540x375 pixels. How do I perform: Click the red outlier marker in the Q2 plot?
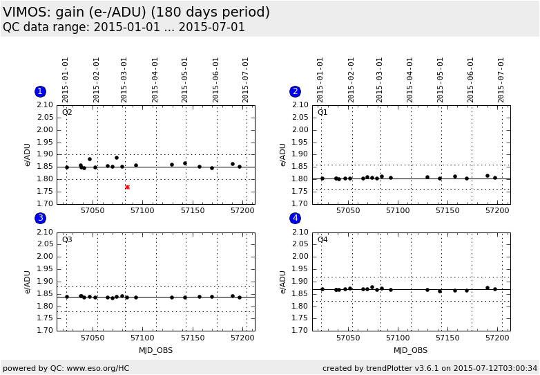click(127, 187)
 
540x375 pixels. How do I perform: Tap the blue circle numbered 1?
click(40, 91)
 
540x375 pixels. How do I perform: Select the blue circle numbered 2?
click(296, 91)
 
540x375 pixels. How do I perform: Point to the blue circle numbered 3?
click(40, 218)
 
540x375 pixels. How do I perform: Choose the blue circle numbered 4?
click(296, 218)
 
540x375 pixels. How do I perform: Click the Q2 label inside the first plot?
click(67, 112)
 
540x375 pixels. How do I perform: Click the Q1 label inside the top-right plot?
click(322, 112)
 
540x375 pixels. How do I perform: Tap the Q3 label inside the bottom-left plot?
click(67, 239)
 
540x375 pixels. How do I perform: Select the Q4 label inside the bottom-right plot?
click(322, 239)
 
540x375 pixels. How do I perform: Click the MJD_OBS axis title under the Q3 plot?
click(155, 350)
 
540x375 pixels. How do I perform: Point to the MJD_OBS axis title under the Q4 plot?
click(411, 350)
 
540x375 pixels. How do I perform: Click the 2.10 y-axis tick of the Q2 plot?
click(44, 105)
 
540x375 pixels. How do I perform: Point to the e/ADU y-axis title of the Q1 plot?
click(283, 155)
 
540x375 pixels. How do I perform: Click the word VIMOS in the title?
click(25, 12)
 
